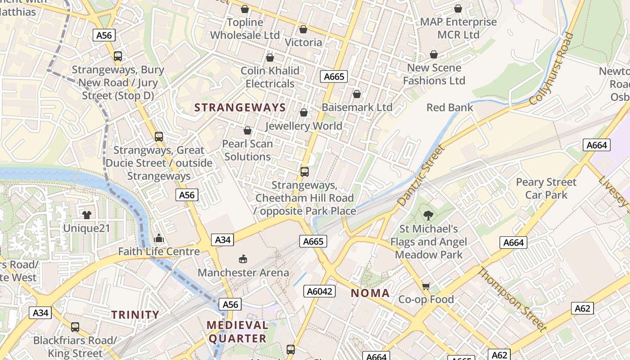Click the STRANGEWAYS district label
pos(240,108)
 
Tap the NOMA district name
pos(370,293)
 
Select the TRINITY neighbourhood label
pos(135,315)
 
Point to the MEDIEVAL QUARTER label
pos(237,332)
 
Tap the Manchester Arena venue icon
pos(243,259)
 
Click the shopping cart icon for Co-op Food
pos(426,286)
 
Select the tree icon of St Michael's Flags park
pos(428,216)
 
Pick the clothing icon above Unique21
pos(86,215)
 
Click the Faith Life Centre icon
pos(158,238)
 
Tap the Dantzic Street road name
pos(421,175)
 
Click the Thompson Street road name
pos(512,299)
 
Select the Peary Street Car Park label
pos(546,189)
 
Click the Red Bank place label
pos(450,108)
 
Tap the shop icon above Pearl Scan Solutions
pos(247,130)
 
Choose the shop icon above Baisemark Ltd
pos(356,94)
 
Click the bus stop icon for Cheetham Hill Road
pos(305,171)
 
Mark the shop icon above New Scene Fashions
pos(433,54)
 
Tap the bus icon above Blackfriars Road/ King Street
pos(75,327)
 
